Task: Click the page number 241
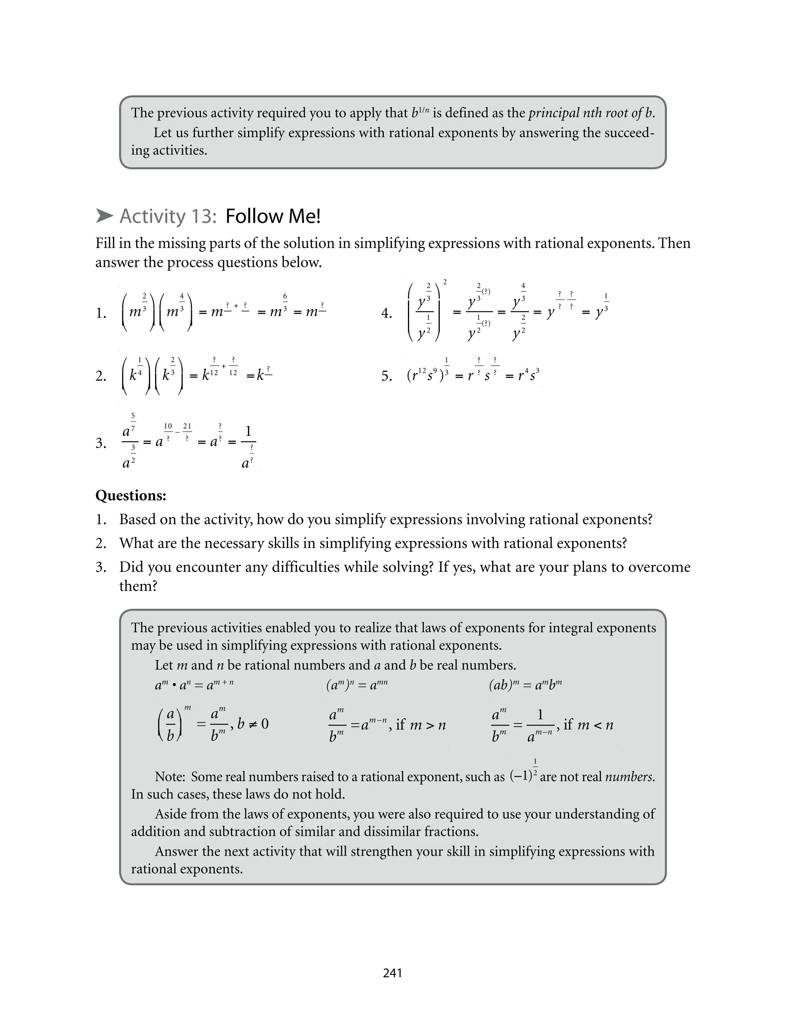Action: [392, 973]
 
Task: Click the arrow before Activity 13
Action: [104, 216]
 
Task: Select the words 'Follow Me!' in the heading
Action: [273, 216]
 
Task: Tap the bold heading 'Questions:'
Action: [130, 496]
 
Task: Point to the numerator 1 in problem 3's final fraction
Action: [248, 431]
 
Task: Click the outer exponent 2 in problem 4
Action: [444, 282]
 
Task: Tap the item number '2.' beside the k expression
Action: [101, 376]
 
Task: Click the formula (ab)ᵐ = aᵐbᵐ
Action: [525, 685]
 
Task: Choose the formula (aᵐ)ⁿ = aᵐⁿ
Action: [357, 685]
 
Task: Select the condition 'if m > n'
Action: [421, 725]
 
